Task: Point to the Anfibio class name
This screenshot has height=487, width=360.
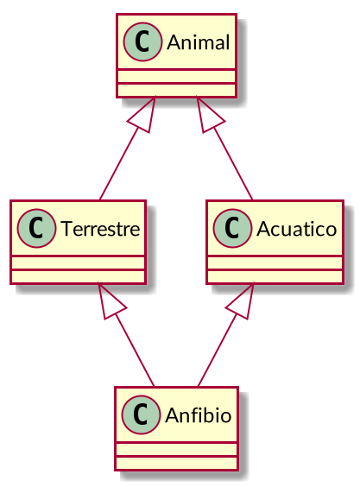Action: click(192, 415)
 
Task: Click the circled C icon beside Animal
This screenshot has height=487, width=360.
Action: click(141, 42)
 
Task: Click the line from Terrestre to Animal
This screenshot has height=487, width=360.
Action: click(119, 165)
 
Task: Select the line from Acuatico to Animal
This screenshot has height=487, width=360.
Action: click(232, 165)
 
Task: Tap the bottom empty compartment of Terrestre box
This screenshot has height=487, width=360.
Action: click(79, 275)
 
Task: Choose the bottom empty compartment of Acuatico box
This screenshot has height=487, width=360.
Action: click(275, 275)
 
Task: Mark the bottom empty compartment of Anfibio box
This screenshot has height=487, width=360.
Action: click(177, 462)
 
